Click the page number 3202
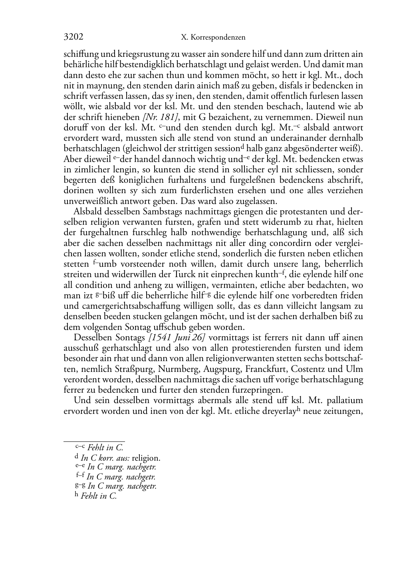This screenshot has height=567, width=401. [x=73, y=38]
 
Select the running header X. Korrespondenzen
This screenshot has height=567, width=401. [x=213, y=38]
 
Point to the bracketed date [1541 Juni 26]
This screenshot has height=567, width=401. [x=177, y=337]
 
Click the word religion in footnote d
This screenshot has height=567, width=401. [x=146, y=458]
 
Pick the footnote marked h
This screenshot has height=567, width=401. [x=96, y=496]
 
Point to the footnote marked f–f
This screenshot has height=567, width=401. [x=115, y=477]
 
